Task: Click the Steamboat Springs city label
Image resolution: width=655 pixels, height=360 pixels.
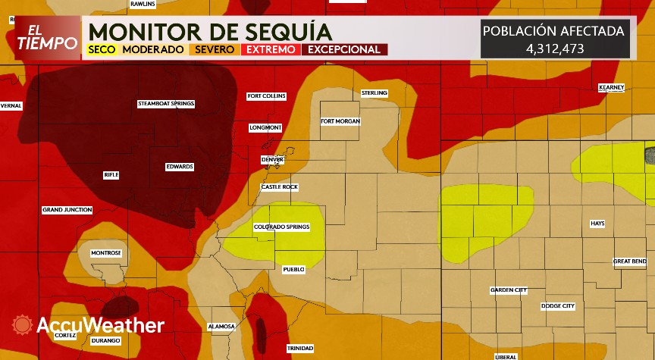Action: click(x=166, y=103)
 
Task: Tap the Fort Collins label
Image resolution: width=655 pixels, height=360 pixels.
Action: click(x=267, y=96)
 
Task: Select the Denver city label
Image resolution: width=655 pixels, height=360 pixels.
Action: click(x=272, y=160)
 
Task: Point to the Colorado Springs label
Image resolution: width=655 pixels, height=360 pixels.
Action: click(x=282, y=227)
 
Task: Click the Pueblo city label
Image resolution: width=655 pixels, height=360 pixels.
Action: click(x=293, y=269)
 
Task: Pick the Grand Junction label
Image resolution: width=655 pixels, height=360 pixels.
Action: click(x=67, y=209)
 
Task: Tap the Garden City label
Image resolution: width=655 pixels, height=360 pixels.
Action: click(x=509, y=290)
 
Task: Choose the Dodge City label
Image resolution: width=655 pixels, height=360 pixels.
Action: click(x=558, y=306)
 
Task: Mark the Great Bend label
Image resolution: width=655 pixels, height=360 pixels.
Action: click(x=630, y=261)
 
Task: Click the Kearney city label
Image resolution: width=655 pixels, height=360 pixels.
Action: click(x=611, y=87)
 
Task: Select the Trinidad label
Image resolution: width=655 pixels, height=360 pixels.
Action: click(x=300, y=348)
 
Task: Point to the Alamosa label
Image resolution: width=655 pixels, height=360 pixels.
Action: click(x=221, y=327)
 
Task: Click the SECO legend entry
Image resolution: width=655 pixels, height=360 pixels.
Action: click(x=101, y=50)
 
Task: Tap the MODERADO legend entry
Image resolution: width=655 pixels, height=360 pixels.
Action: click(x=153, y=50)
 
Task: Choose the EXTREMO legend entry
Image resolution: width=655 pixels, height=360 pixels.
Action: click(x=271, y=50)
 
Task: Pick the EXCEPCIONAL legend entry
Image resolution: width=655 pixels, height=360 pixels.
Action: click(x=343, y=50)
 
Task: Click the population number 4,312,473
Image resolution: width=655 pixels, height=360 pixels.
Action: click(x=555, y=48)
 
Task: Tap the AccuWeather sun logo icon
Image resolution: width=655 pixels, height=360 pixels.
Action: click(x=23, y=325)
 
